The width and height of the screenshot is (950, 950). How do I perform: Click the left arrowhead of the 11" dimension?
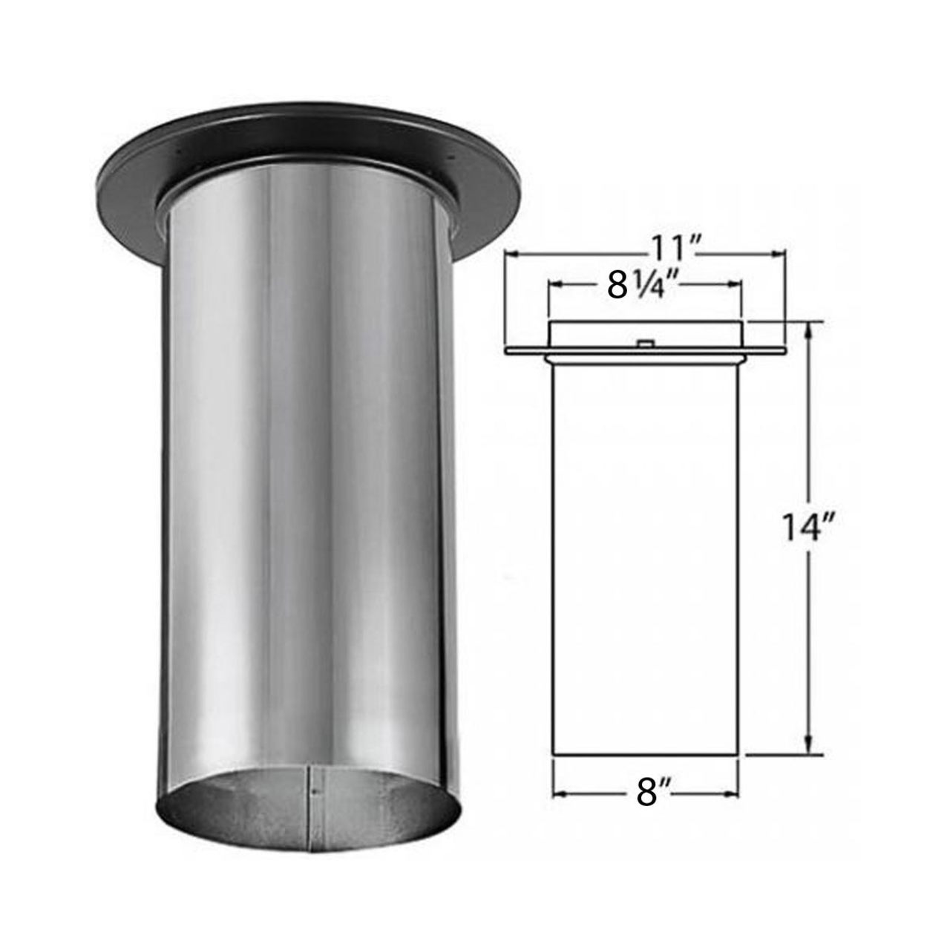(x=511, y=255)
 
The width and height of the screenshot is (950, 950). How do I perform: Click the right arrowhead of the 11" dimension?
(x=779, y=255)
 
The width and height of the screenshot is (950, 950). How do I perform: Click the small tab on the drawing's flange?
(x=645, y=343)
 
